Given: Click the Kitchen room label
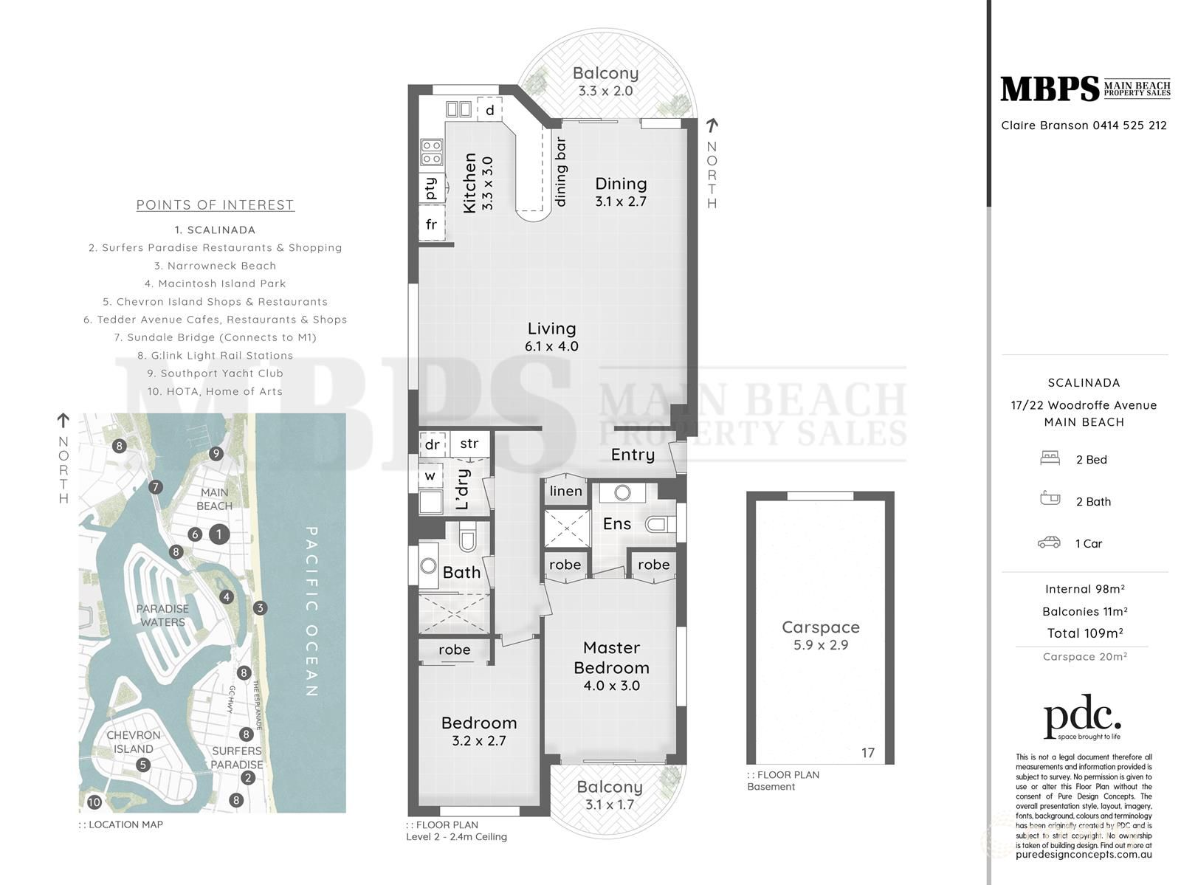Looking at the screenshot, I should [470, 183].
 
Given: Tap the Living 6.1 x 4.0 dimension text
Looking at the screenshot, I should [551, 346].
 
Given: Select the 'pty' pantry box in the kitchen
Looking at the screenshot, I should [431, 187].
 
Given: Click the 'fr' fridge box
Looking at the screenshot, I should [431, 224].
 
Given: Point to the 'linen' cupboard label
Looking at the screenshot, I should [565, 491].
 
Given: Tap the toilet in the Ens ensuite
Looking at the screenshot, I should [658, 525].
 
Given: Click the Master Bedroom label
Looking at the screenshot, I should [611, 658].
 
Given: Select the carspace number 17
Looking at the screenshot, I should [867, 753].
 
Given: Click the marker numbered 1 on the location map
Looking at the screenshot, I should [218, 534].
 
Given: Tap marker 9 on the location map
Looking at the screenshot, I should [216, 453].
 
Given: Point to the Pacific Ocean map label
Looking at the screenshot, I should [311, 611].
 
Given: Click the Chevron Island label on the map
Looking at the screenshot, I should [134, 742].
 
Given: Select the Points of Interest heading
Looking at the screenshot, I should [215, 205].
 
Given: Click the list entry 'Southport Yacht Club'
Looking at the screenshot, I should [215, 373].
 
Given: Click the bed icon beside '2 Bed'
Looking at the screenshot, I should [1050, 458].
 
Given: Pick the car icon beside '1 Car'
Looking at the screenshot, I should [1049, 543].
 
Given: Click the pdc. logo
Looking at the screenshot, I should [1082, 716].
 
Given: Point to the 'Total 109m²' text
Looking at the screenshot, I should [1084, 633].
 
